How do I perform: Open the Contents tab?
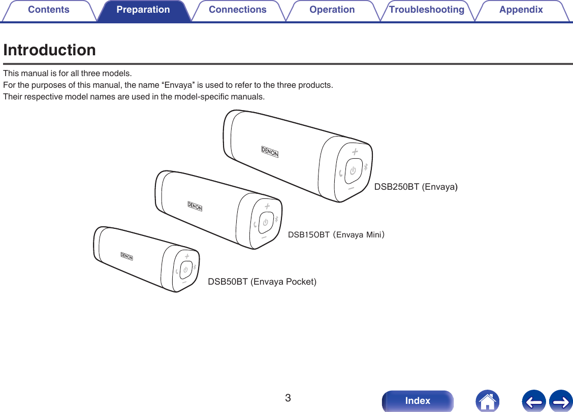click(x=49, y=10)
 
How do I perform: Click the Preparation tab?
click(x=143, y=10)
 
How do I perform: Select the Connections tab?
click(x=237, y=10)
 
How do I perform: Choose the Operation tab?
click(x=332, y=10)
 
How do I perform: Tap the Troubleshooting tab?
click(x=426, y=10)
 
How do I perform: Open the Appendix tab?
click(x=521, y=10)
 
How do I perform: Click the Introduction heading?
click(x=49, y=50)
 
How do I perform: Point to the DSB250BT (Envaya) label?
click(x=416, y=187)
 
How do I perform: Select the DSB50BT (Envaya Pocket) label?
click(x=262, y=282)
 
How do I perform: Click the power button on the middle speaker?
click(x=265, y=222)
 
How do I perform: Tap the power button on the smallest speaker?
click(x=186, y=268)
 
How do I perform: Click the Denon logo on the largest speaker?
click(x=270, y=152)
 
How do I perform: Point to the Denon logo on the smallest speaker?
click(x=126, y=256)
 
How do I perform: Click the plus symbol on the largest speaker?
click(x=355, y=152)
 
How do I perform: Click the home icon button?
click(x=487, y=401)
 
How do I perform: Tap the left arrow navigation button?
click(x=533, y=401)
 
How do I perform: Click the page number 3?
click(x=288, y=398)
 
